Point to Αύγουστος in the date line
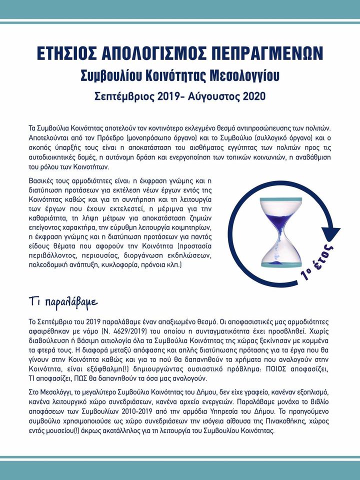[x=214, y=95]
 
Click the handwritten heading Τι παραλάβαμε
[x=63, y=303]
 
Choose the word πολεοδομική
[x=53, y=269]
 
